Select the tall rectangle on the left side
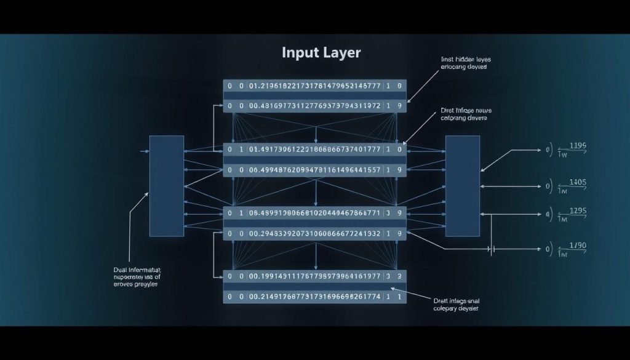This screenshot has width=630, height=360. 167,186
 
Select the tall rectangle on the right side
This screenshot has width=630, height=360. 462,186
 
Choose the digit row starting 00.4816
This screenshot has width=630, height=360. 314,106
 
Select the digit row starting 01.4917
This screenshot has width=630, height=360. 314,149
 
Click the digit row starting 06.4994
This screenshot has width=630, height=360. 314,169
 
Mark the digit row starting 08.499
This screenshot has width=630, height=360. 314,213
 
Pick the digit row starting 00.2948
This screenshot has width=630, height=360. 314,233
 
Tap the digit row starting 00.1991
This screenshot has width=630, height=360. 314,277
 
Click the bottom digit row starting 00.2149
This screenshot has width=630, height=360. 314,296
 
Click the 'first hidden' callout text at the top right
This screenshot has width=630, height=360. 465,63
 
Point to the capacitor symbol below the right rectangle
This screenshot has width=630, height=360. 492,250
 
